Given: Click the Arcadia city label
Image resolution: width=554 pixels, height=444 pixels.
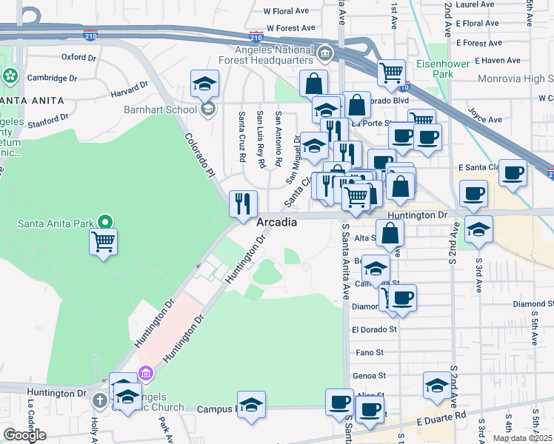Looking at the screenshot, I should point(277,222).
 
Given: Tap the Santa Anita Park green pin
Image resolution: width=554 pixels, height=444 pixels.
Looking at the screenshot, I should point(105,221).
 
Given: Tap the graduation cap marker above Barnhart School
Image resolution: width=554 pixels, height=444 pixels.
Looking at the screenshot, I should point(204,84).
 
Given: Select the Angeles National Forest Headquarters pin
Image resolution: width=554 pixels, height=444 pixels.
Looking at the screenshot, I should point(325,53).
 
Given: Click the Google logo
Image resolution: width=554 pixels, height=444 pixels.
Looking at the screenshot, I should point(24,435).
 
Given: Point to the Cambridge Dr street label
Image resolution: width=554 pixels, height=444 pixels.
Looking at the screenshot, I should point(53,78).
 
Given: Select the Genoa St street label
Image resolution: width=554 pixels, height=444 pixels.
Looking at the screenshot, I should point(370,376).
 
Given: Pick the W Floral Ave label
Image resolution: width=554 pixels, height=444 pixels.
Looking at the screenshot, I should point(287,12).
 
